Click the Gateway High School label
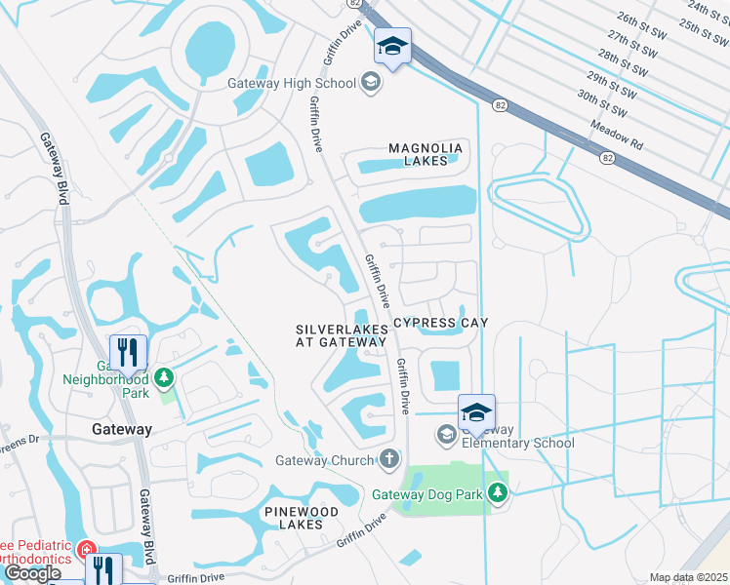click(x=292, y=83)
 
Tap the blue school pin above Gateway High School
click(x=392, y=47)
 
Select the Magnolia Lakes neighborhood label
click(x=425, y=155)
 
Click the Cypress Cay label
click(x=439, y=322)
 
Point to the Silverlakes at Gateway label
click(x=342, y=336)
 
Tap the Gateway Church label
click(x=325, y=461)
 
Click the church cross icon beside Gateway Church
click(x=388, y=458)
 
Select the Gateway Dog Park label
click(x=428, y=494)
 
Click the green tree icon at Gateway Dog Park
click(x=499, y=492)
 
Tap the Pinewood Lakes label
click(x=301, y=518)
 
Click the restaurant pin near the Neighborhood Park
click(x=129, y=353)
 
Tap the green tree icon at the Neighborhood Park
click(x=165, y=376)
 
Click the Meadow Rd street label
click(x=617, y=135)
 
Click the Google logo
click(x=32, y=573)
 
